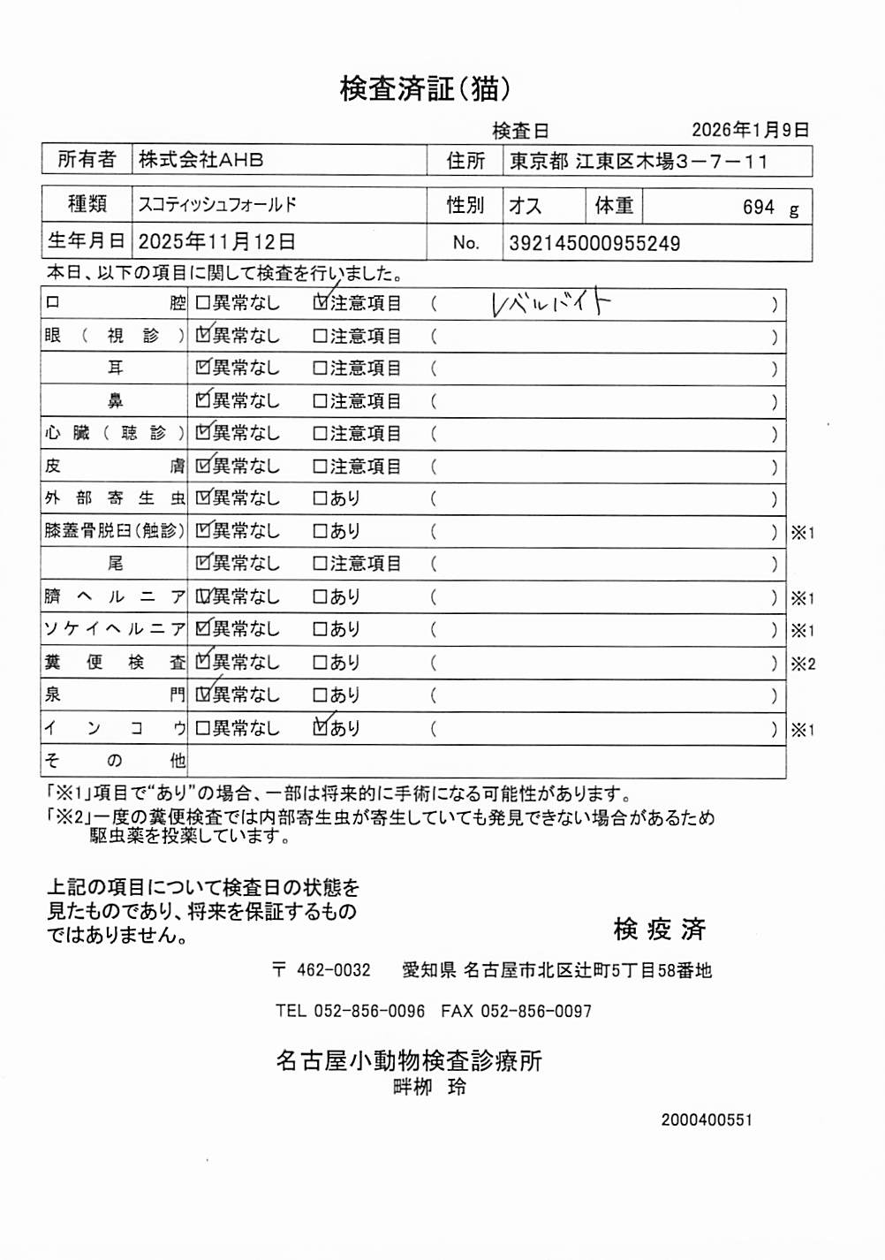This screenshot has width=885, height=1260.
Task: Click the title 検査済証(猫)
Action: (x=425, y=88)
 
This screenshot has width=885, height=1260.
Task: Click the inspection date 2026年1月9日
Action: (x=750, y=130)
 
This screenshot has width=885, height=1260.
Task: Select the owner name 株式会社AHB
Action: (x=200, y=160)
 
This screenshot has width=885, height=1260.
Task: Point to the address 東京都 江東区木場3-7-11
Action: (x=639, y=162)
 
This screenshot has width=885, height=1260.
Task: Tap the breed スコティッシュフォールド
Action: (x=217, y=205)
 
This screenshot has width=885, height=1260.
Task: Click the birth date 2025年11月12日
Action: (x=216, y=242)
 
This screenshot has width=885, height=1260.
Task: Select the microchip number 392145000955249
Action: (x=594, y=244)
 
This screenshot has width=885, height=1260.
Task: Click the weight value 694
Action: (x=758, y=208)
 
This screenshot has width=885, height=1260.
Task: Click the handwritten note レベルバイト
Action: (x=550, y=304)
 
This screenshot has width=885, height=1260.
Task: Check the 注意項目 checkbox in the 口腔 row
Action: (x=321, y=303)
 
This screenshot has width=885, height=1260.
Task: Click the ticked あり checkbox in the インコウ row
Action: (x=321, y=728)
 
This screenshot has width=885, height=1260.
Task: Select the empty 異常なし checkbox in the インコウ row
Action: (x=202, y=728)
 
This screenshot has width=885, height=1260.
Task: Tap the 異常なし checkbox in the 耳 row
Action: (x=202, y=368)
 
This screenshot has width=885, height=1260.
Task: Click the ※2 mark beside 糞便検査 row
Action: (x=803, y=664)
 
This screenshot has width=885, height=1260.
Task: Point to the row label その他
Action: (x=115, y=761)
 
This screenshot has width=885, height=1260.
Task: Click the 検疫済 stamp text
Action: (x=660, y=929)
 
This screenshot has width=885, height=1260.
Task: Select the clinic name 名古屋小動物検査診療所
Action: (x=409, y=1060)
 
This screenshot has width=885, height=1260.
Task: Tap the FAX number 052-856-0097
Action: (x=535, y=1011)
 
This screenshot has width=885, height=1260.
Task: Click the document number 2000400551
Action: (x=707, y=1120)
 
